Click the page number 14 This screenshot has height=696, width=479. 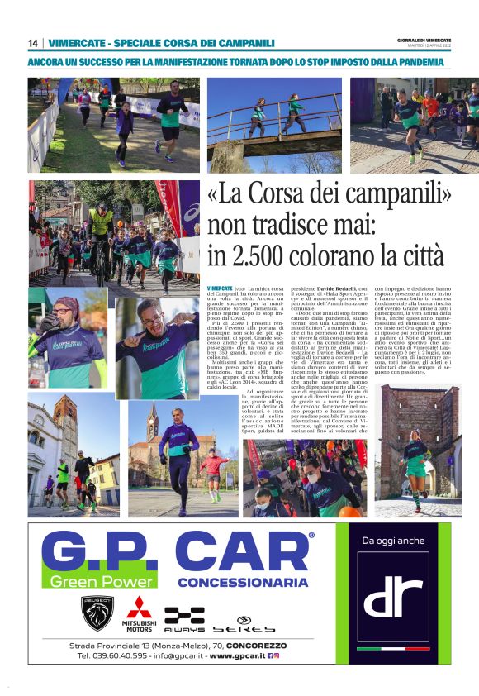[x=33, y=43]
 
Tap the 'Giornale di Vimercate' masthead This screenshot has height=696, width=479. [x=424, y=40]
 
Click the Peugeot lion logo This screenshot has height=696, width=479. [x=97, y=613]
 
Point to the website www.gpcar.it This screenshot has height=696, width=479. [x=231, y=655]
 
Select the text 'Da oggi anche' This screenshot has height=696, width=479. [x=393, y=542]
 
